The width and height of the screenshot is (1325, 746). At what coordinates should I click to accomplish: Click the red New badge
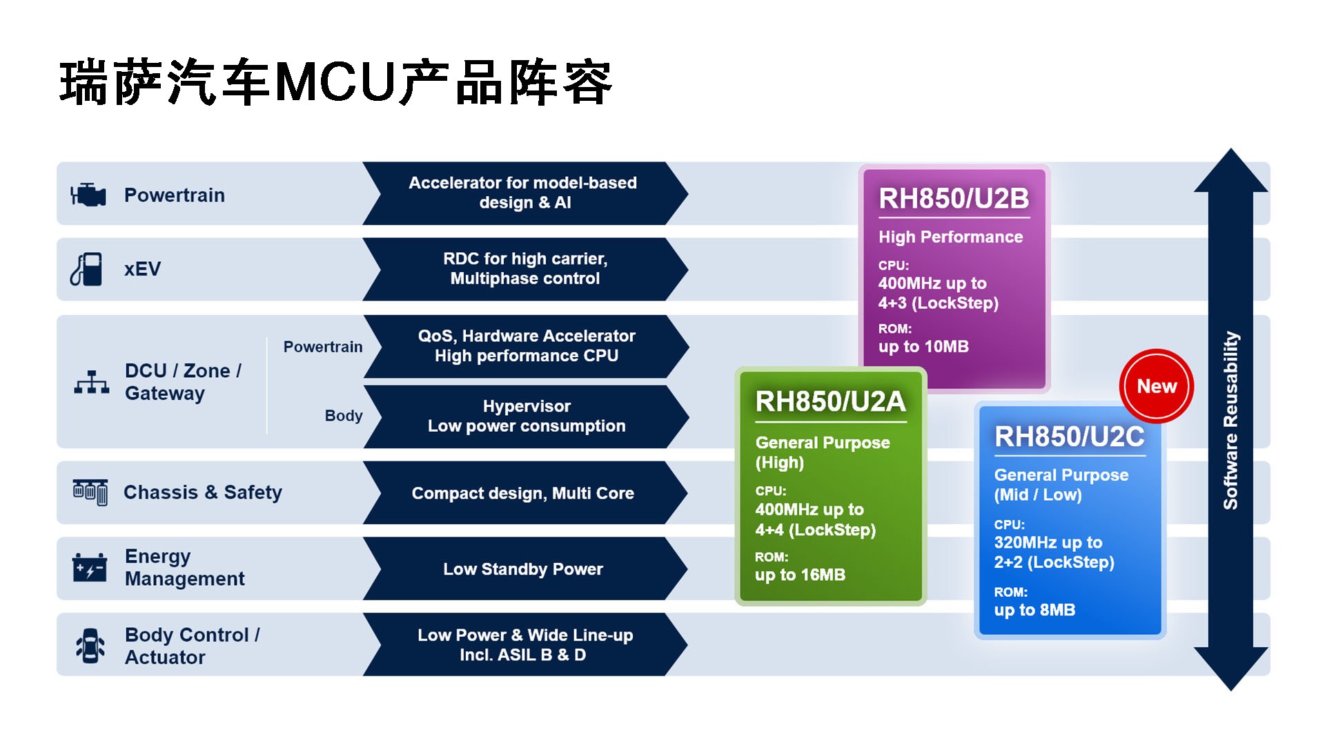1156,386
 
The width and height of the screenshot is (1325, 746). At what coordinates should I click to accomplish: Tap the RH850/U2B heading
954,198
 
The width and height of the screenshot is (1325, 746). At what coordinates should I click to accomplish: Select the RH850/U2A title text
830,401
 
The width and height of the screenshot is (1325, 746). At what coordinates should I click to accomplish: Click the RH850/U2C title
1069,437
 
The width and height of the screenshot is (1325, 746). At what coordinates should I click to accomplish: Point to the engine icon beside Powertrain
88,195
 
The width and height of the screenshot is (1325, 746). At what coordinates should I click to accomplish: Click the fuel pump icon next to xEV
87,269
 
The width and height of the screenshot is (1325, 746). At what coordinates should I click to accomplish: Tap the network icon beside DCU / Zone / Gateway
91,381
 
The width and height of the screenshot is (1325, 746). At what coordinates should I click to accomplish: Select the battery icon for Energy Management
90,568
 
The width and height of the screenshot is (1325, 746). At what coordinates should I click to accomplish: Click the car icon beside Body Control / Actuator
90,645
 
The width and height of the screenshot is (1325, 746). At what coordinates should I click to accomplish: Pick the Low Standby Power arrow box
523,569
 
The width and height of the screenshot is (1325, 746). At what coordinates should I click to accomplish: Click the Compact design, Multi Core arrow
523,493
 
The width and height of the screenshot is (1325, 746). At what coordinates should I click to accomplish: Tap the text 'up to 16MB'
800,575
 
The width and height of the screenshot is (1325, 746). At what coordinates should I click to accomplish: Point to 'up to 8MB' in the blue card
1034,610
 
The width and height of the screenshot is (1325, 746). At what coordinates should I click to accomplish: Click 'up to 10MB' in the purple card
923,347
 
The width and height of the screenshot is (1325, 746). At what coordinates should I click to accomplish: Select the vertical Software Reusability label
1230,420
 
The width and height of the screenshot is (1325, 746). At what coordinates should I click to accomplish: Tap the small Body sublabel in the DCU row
343,416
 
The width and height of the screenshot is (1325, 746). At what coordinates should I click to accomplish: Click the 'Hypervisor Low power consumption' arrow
526,417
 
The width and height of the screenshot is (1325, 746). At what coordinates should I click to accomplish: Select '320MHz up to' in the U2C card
1048,542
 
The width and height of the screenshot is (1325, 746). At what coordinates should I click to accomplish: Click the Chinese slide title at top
336,83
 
